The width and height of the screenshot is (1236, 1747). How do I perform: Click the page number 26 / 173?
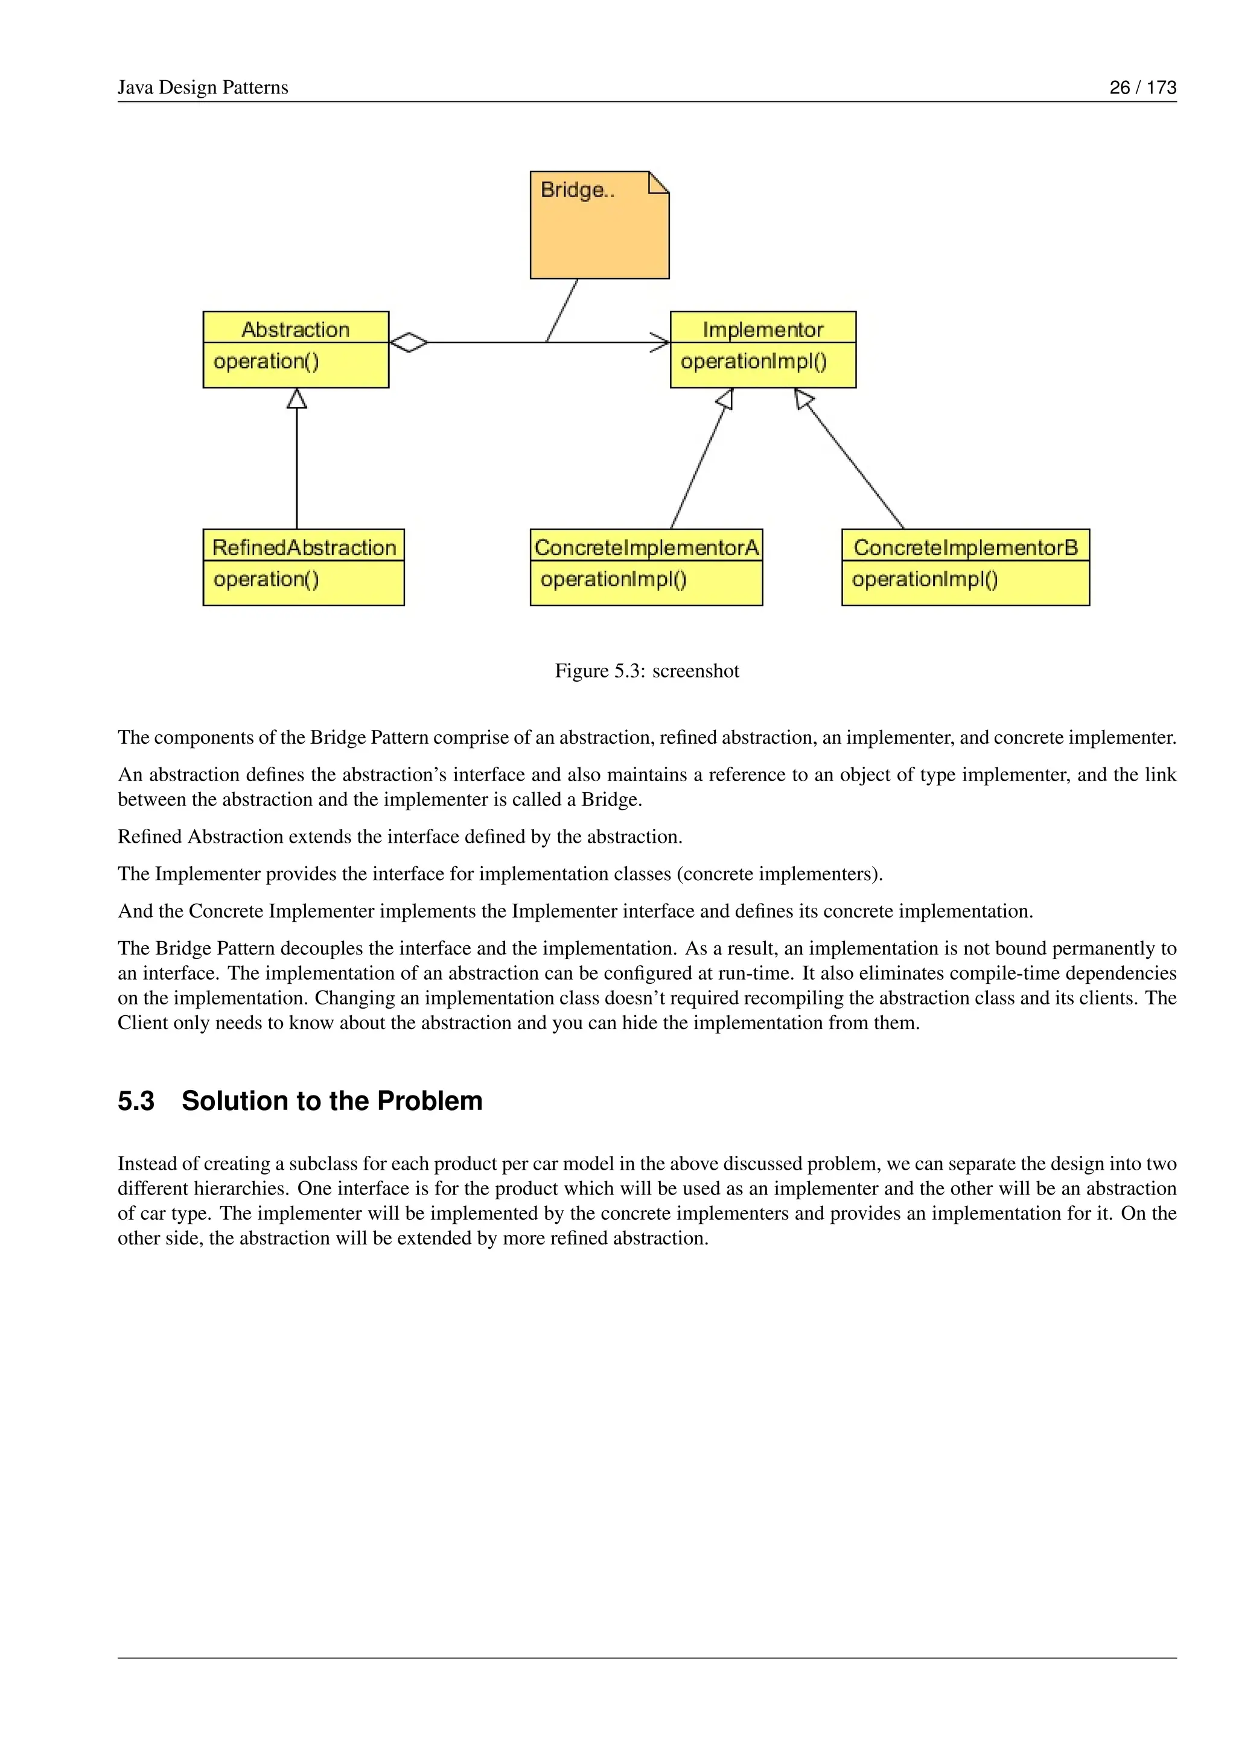click(x=1142, y=87)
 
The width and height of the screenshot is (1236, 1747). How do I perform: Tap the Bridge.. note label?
click(x=577, y=189)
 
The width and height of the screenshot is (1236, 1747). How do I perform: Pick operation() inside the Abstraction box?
click(x=266, y=361)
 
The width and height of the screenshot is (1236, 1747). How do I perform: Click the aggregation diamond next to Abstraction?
click(x=409, y=343)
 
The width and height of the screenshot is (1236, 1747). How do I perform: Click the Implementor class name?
click(x=763, y=329)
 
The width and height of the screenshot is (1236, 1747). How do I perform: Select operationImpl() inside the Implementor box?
click(x=753, y=361)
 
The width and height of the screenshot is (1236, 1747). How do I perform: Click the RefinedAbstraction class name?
click(x=304, y=547)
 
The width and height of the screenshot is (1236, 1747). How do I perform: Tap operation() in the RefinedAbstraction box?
click(x=266, y=579)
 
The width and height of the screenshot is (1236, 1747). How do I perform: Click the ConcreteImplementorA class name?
click(x=646, y=547)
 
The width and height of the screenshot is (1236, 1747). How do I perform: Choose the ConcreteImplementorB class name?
click(x=965, y=547)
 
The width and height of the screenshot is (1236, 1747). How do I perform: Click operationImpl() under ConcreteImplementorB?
click(x=924, y=579)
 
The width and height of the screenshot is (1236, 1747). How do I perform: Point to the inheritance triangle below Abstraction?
click(x=297, y=399)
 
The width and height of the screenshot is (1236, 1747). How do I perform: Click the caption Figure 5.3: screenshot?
click(x=646, y=670)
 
